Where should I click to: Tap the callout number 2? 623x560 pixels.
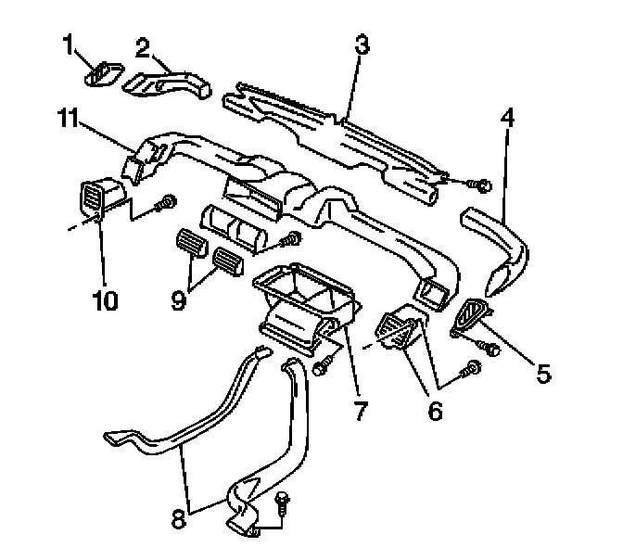pyautogui.click(x=144, y=45)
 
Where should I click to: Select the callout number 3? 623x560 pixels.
pyautogui.click(x=362, y=45)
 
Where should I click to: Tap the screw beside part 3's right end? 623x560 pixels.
pyautogui.click(x=481, y=185)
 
